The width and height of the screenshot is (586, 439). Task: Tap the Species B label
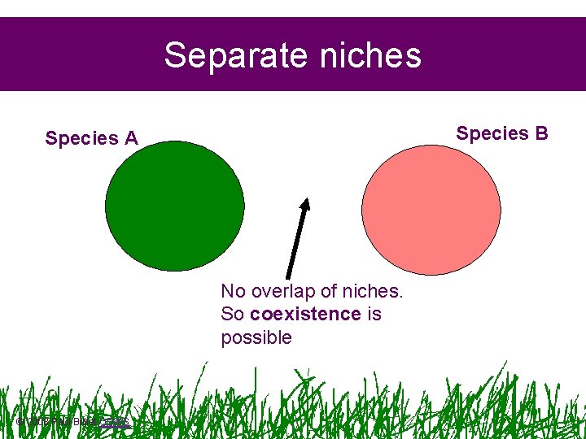pos(502,133)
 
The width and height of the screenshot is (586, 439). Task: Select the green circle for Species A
pos(175,206)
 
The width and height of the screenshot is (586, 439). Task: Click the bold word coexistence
pos(305,314)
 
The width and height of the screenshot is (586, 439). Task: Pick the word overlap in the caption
pos(282,291)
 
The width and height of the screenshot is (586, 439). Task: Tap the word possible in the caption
pos(256,337)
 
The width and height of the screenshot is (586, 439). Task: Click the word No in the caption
pos(233,291)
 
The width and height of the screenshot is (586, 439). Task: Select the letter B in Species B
pos(541,133)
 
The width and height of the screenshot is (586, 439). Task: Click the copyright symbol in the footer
pos(20,421)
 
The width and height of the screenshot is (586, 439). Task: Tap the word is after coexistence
pos(374,314)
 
